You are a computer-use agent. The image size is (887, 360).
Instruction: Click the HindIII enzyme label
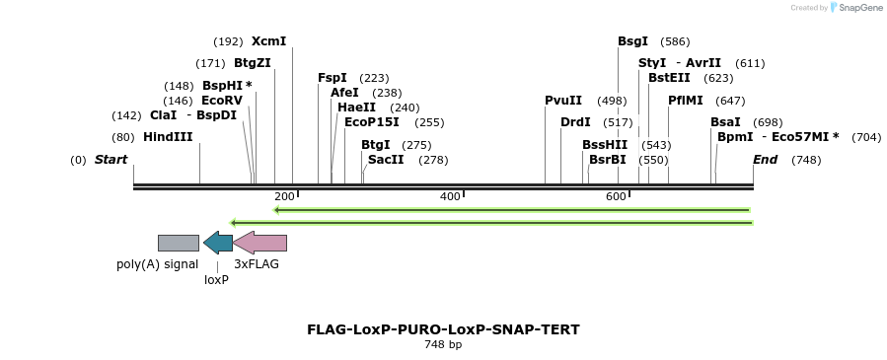click(168, 137)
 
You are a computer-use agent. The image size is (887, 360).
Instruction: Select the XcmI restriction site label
click(268, 41)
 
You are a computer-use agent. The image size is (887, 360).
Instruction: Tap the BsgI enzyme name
click(632, 41)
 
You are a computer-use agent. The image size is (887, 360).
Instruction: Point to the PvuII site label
click(563, 101)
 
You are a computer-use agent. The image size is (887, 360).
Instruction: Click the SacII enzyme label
click(386, 160)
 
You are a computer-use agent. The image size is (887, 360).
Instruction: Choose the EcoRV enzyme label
click(221, 101)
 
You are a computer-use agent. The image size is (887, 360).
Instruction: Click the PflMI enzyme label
click(686, 101)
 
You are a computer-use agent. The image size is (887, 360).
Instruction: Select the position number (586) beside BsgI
click(675, 41)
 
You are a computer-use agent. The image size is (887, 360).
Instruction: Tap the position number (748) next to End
click(806, 160)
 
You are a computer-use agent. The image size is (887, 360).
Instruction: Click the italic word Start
click(111, 160)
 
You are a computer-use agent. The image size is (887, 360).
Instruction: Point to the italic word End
click(765, 160)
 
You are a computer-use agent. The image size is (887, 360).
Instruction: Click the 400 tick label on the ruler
click(450, 197)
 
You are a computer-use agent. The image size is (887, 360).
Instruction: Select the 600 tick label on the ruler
click(616, 197)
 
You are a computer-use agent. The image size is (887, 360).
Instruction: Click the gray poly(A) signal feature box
click(179, 243)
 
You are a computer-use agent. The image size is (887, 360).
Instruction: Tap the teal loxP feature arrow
click(217, 243)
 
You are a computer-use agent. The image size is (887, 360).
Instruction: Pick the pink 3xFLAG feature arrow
click(260, 243)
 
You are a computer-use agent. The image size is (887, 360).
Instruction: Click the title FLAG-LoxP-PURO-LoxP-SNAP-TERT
click(443, 329)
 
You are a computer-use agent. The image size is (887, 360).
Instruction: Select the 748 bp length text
click(443, 345)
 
